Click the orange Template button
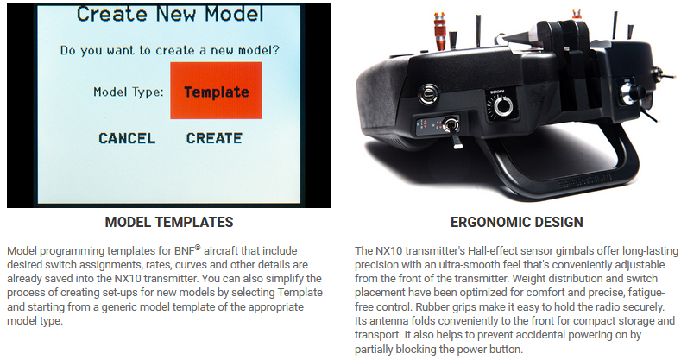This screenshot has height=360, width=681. point(216,91)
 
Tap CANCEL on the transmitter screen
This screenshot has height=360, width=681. point(127,138)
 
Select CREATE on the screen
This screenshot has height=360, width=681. point(214,138)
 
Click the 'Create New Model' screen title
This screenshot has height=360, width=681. point(170,14)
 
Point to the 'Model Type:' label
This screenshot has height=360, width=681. point(129,92)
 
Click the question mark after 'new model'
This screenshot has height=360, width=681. point(276,50)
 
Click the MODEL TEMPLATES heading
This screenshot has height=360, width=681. point(169,222)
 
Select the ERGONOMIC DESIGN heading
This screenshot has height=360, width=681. point(516,222)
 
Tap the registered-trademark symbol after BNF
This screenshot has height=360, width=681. point(198,248)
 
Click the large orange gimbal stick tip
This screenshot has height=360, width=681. point(440,30)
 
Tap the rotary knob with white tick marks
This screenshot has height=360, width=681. point(502,105)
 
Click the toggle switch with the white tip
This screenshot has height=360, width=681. point(452,131)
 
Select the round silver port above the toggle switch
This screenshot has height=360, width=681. point(429,94)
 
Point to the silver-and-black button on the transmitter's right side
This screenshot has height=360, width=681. point(632,93)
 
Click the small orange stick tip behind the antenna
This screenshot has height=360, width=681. point(577,15)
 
